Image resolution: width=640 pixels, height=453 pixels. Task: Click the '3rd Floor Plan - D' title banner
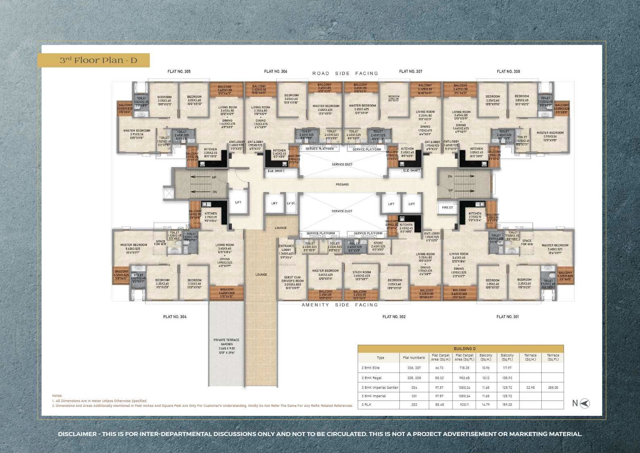pos(98,61)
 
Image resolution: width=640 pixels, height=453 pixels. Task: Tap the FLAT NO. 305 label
pos(179,71)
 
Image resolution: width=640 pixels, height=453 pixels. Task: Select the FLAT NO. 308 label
pos(508,71)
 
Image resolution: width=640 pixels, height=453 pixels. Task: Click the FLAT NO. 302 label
pos(394,317)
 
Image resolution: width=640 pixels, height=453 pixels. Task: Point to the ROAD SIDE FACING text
pos(345,73)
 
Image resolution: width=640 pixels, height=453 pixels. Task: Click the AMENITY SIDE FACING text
pos(340,305)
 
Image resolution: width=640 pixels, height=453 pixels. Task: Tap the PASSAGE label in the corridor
pos(342,185)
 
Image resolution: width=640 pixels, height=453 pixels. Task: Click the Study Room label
pos(362,274)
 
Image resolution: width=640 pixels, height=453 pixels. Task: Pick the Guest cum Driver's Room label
pos(292,281)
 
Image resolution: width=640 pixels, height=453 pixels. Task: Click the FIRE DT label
pos(448,208)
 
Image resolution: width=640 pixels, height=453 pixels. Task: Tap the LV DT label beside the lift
pos(291,203)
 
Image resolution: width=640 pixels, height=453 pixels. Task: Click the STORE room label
pos(378,245)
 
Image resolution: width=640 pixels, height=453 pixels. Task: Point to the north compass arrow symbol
pos(585,403)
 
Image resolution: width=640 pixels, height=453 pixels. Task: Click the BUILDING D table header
pos(465,348)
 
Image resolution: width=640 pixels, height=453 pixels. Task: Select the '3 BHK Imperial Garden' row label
pos(380,388)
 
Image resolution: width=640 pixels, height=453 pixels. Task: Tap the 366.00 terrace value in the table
pos(553,388)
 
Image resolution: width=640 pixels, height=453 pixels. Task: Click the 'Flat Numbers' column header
pos(414,358)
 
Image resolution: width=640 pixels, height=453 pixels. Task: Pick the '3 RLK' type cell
pos(367,405)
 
